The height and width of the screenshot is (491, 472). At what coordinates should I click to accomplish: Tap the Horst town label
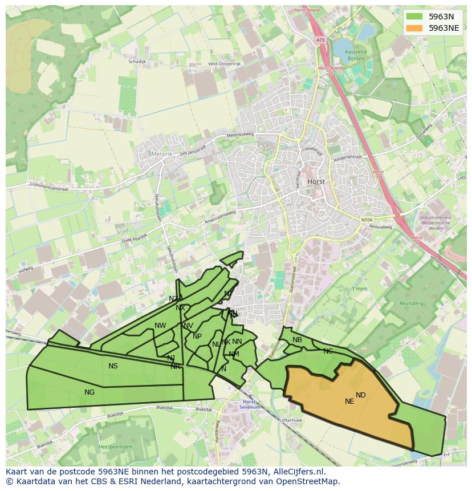point(316,181)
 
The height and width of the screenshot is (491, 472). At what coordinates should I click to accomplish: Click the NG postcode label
point(89,392)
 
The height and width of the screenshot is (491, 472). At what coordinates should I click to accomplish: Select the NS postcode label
point(113,366)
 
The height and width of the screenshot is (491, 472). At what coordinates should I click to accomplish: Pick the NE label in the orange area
point(349,401)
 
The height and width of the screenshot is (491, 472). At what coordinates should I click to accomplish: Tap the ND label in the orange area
point(361,395)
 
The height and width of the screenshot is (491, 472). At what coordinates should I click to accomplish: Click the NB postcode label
point(297,340)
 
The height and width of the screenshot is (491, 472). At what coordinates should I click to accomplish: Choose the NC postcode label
point(328,351)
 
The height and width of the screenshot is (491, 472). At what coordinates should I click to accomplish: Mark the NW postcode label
point(160,326)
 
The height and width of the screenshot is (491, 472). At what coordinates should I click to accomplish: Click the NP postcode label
point(197,336)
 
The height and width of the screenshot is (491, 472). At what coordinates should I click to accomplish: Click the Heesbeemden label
point(115,447)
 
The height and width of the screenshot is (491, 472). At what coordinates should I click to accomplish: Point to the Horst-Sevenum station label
point(250,404)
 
